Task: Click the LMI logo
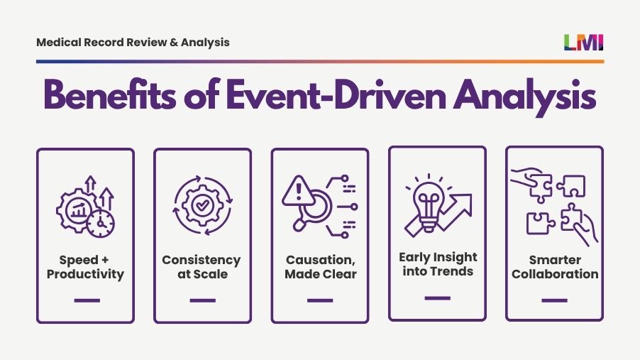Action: tap(584, 43)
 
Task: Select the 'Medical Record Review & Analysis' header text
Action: tap(133, 43)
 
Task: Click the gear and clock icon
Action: tap(85, 207)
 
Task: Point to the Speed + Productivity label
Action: tap(85, 267)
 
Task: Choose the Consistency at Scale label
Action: tap(202, 267)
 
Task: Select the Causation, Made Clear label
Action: tap(320, 267)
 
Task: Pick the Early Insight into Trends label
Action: tap(438, 263)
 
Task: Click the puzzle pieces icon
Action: tap(555, 207)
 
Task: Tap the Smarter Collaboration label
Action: tap(554, 267)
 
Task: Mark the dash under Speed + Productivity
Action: tap(86, 300)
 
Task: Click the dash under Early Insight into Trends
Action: tap(437, 298)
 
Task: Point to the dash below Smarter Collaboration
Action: tap(554, 300)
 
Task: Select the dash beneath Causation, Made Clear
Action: tap(320, 300)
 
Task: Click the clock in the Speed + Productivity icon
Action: tap(101, 223)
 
